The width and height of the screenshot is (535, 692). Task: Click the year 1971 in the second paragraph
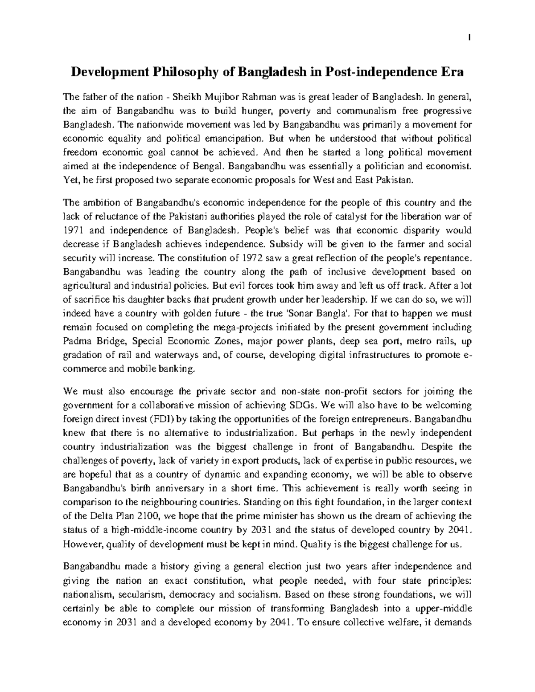[73, 231]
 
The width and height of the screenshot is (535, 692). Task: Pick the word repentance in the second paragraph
[449, 258]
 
